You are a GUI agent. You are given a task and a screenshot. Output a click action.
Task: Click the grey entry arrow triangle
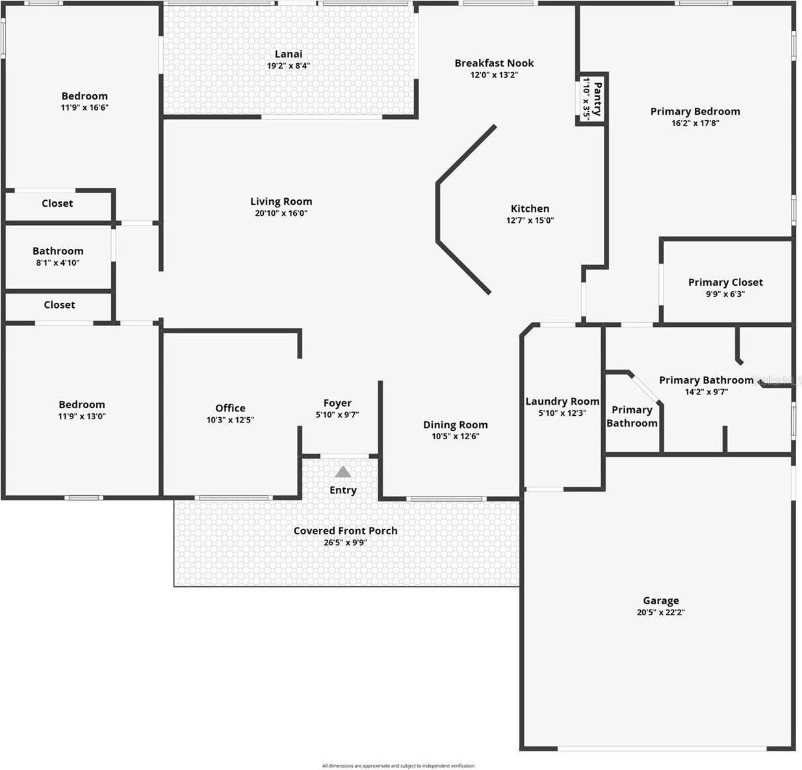point(343,472)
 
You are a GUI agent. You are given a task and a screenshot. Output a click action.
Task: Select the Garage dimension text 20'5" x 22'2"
point(661,612)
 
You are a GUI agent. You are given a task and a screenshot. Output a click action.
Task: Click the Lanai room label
point(289,54)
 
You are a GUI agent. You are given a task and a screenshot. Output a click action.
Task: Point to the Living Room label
point(281,201)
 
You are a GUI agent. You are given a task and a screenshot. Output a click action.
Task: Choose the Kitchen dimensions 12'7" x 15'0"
point(530,220)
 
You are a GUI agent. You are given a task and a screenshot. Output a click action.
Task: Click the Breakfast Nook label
point(494,63)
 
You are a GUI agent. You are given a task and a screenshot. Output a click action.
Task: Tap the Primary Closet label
point(725,282)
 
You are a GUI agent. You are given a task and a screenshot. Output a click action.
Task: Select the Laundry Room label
point(562,402)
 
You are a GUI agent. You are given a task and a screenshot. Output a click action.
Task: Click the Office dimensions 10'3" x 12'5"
point(230,420)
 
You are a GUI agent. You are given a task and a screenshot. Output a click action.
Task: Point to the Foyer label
point(337,403)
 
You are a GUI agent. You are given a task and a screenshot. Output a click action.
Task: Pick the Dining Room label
point(455,425)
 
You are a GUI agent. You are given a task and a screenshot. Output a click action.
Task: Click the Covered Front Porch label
point(345,531)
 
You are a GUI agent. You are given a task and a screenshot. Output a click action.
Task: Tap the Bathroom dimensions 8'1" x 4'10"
point(58,263)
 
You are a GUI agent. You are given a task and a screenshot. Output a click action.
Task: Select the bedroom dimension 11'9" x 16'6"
point(84,108)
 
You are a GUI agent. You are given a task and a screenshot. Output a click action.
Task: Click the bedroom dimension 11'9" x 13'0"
point(82,417)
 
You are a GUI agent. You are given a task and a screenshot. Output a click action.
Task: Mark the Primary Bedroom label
point(695,111)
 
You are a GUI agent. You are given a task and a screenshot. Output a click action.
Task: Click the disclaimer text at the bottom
point(398,765)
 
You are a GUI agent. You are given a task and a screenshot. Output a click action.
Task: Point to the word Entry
point(343,490)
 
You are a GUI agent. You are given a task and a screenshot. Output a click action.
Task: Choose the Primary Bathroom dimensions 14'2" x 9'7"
point(706,392)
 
